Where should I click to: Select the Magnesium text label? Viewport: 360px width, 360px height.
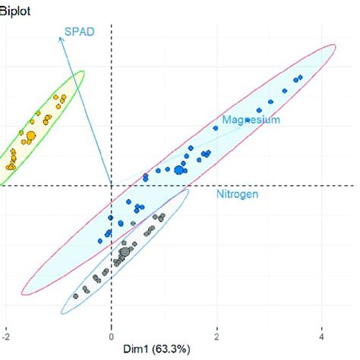[251, 120]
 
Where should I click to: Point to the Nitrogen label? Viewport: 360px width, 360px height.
[235, 194]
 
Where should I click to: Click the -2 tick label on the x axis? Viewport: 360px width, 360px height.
[6, 335]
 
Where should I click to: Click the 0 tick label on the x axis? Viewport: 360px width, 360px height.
[112, 335]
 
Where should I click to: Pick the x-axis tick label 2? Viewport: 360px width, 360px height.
[217, 335]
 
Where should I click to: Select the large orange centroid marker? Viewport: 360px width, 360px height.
[30, 137]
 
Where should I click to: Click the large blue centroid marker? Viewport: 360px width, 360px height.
[180, 169]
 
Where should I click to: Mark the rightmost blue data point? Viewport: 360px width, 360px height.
[301, 77]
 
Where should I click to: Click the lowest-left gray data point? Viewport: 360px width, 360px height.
[75, 296]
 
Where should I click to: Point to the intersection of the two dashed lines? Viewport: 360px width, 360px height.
[112, 185]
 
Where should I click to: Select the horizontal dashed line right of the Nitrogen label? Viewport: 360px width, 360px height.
[319, 185]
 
